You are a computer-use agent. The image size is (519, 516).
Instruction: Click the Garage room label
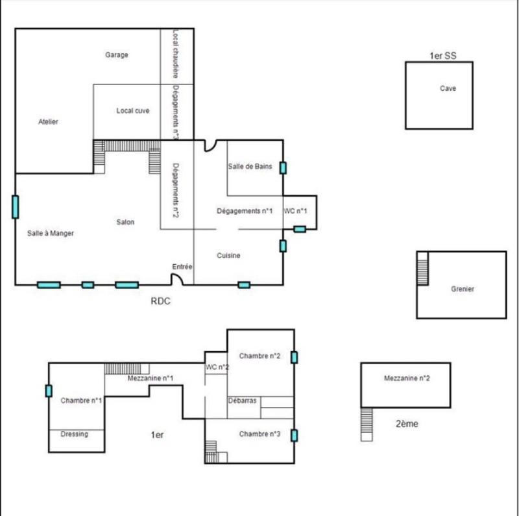(117, 55)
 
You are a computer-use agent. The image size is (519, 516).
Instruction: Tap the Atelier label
(49, 122)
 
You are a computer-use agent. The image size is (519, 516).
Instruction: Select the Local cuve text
(133, 111)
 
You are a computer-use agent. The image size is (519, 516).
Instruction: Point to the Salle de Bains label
(250, 167)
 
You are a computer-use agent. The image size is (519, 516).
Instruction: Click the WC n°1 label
(296, 211)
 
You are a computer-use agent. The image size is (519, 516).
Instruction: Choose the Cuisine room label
(228, 256)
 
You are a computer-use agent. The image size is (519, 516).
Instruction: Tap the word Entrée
(182, 267)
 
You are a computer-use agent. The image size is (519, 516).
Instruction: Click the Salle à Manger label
(51, 233)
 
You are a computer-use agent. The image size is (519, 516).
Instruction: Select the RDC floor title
(161, 301)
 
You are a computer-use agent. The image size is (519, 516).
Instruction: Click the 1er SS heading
(443, 56)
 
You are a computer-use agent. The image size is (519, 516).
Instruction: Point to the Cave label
(448, 89)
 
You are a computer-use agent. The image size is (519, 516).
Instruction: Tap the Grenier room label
(463, 289)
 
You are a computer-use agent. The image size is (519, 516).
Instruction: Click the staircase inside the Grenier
(423, 268)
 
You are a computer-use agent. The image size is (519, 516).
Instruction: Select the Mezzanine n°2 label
(407, 378)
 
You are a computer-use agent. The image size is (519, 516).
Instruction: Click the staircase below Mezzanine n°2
(367, 424)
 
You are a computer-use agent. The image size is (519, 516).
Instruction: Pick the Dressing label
(74, 434)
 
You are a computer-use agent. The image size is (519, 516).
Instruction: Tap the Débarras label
(243, 401)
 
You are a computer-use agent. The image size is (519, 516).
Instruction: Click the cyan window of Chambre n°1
(49, 391)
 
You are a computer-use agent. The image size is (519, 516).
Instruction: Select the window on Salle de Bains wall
(283, 167)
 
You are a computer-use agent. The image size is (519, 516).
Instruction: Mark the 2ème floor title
(407, 424)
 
